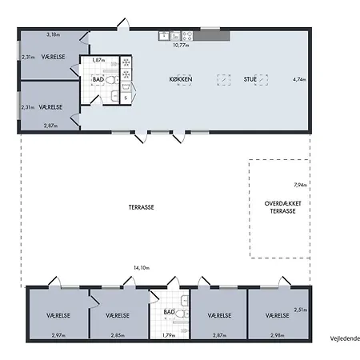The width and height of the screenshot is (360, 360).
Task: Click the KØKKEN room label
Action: point(181,79)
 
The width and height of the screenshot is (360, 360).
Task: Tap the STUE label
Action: point(250,79)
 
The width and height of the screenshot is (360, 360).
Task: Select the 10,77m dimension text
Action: point(181,45)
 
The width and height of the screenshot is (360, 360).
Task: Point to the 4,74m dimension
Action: point(299,79)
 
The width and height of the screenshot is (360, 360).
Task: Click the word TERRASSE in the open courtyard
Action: point(141,207)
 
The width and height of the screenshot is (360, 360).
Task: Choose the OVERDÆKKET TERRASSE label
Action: point(282,207)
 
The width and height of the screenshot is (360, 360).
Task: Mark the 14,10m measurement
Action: point(142,268)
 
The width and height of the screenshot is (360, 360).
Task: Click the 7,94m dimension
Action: point(300,185)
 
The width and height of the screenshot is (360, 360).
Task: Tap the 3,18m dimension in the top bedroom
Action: point(53,34)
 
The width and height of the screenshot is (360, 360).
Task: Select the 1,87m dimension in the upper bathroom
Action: point(98,60)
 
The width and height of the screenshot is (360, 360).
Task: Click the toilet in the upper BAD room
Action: point(112,79)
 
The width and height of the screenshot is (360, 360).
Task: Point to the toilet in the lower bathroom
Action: point(182,314)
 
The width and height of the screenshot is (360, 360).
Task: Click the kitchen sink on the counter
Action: point(164,35)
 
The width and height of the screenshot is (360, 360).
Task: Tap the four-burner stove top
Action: point(187,36)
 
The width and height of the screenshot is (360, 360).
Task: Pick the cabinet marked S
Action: point(126,98)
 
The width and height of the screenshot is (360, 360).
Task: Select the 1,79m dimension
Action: point(169,335)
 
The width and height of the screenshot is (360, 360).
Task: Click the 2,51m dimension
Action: point(301,310)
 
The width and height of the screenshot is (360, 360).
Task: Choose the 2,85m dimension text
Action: point(118,335)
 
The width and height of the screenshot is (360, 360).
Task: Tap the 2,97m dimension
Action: point(58,335)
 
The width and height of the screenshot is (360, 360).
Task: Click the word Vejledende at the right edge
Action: point(345,338)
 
